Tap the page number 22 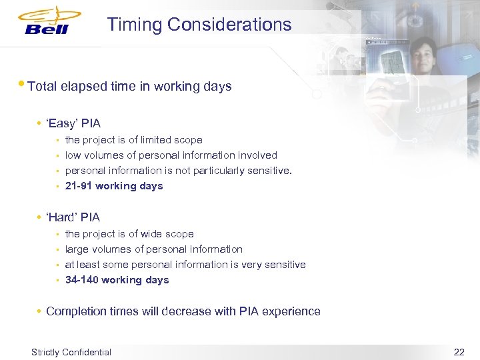tap(459, 351)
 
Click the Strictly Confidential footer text tap(71, 351)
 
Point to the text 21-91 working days tap(114, 186)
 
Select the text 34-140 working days tap(117, 280)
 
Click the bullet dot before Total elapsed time tap(24, 85)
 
